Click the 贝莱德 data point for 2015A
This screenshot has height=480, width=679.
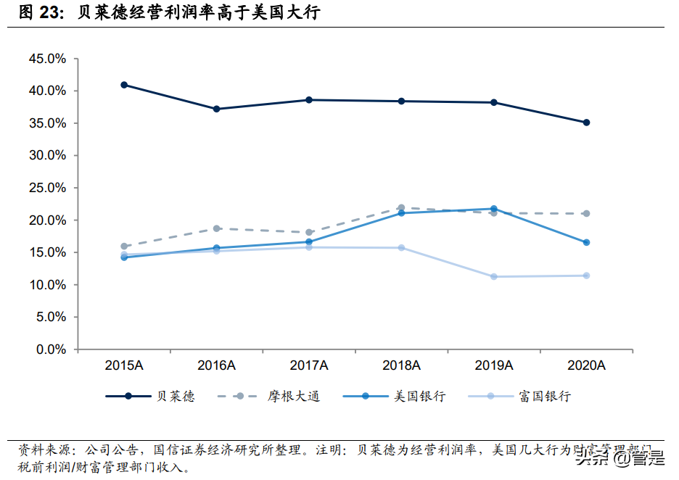click(x=124, y=85)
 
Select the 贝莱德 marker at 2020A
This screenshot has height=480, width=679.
click(x=587, y=123)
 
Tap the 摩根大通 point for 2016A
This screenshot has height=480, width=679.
click(x=216, y=228)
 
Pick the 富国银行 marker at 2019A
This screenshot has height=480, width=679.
click(x=494, y=276)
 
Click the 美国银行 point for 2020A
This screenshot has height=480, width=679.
click(x=587, y=242)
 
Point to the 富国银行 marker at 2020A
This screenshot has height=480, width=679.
click(x=587, y=276)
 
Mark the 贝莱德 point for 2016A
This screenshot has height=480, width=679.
click(x=216, y=109)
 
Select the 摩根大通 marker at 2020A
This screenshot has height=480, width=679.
click(x=587, y=213)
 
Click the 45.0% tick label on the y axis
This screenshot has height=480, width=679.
click(x=47, y=59)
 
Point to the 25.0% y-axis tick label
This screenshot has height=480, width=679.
click(x=47, y=188)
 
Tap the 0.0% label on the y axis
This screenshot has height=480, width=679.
click(x=50, y=349)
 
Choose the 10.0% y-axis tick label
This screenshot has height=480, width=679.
click(x=47, y=285)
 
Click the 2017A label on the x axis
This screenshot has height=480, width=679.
click(x=309, y=365)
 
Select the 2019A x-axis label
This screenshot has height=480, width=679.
click(x=494, y=365)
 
